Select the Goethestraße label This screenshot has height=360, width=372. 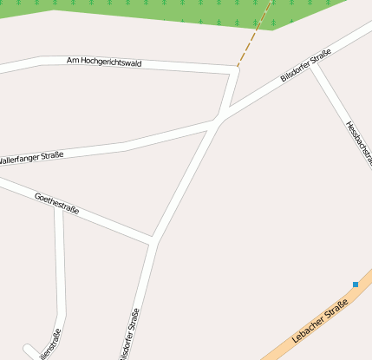(x=55, y=203)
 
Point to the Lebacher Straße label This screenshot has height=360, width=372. (x=320, y=320)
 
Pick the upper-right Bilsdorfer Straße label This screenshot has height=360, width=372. (x=305, y=67)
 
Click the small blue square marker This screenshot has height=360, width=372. (x=356, y=285)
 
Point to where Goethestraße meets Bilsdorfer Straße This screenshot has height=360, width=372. (x=154, y=239)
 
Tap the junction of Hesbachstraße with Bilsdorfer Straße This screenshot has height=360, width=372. (x=314, y=66)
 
